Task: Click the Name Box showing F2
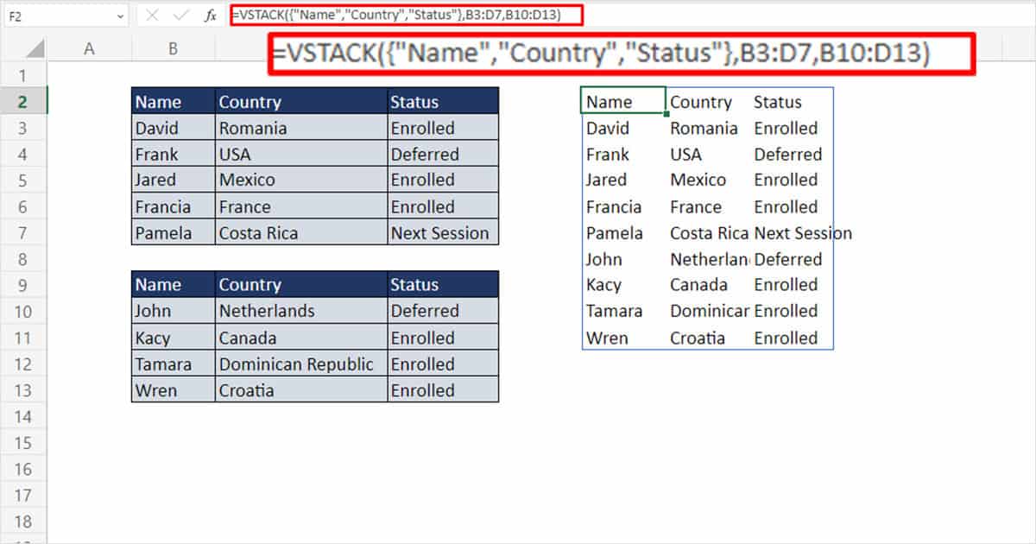(60, 15)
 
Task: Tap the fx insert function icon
(211, 15)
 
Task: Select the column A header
(88, 49)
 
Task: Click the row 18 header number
(23, 522)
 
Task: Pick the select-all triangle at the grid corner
(35, 49)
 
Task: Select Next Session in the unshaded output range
(803, 233)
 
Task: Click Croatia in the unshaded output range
(698, 338)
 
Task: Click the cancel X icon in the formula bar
(153, 15)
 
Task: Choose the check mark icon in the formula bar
(181, 15)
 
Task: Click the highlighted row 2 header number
(23, 102)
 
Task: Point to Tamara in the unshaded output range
(615, 311)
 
